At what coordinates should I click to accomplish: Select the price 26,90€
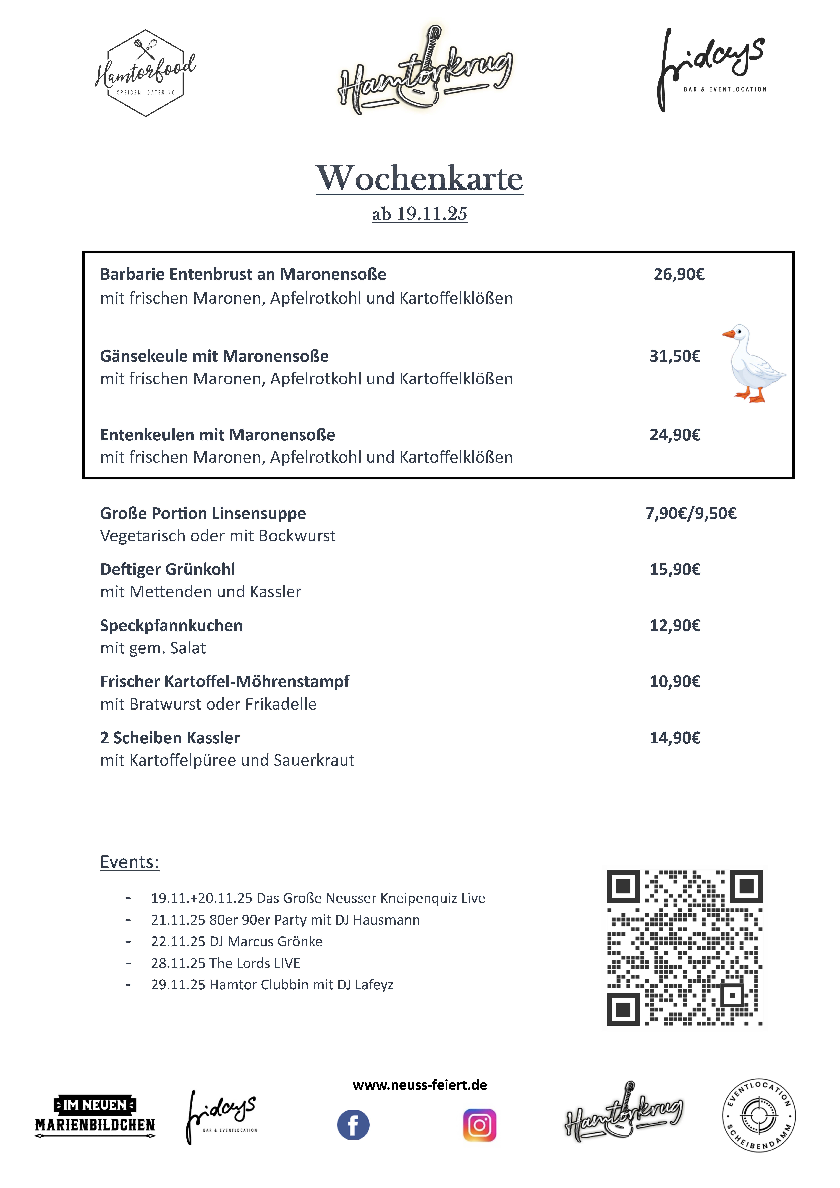(679, 274)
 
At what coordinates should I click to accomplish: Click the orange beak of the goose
(729, 334)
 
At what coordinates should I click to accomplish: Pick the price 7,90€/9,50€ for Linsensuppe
(690, 513)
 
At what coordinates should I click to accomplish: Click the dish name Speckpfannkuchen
(171, 626)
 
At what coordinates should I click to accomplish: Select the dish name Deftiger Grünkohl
(168, 569)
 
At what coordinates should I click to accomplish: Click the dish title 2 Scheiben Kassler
(170, 738)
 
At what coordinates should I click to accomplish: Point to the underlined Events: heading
(129, 862)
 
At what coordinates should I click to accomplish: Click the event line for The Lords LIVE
(226, 963)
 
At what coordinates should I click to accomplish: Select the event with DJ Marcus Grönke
(237, 941)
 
